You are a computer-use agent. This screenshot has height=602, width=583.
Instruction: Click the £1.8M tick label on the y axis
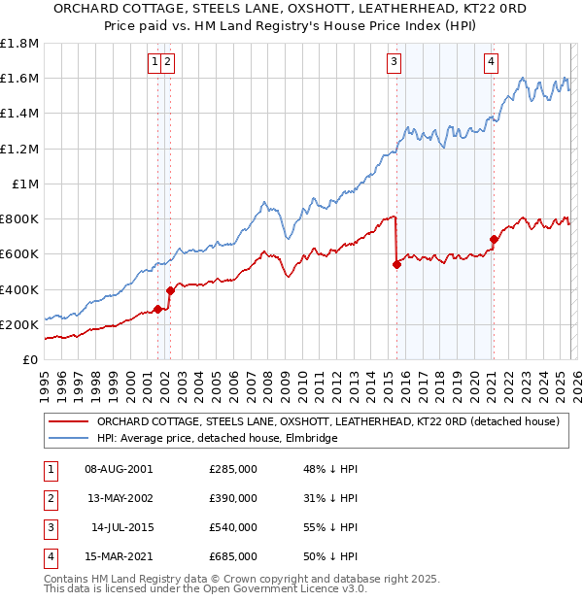[19, 44]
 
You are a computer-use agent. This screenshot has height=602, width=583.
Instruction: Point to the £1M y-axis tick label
[25, 184]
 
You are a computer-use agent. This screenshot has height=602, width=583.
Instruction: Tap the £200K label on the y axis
[19, 324]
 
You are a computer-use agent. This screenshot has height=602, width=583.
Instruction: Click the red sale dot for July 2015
[396, 264]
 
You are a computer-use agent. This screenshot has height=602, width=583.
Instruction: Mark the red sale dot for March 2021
[494, 239]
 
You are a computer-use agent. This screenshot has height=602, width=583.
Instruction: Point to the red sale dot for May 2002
[170, 290]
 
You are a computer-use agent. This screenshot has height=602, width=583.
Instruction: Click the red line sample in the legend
[68, 422]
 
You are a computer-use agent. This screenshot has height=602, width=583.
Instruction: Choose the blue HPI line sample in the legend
[68, 438]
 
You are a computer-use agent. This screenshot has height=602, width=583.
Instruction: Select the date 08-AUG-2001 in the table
[119, 469]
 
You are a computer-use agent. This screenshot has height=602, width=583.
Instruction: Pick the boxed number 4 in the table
[48, 556]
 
